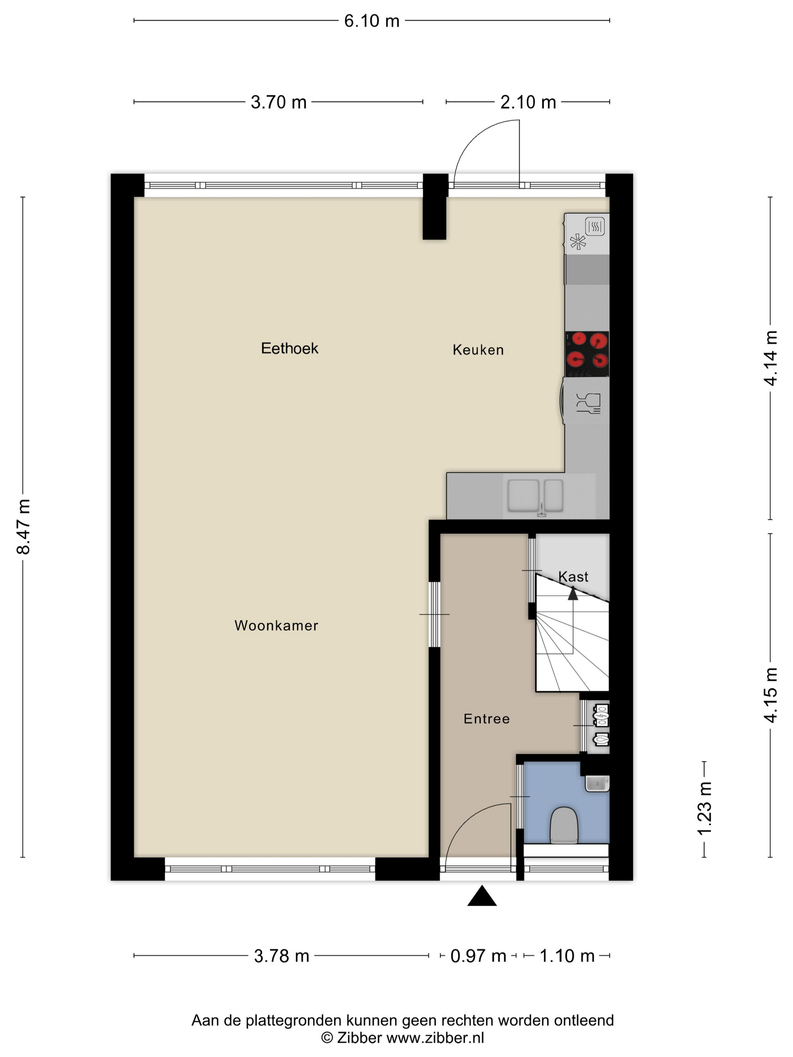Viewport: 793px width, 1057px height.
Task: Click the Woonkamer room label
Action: coord(276,626)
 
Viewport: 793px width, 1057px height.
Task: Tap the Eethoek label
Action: coord(289,348)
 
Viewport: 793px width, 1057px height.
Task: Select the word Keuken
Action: coord(478,350)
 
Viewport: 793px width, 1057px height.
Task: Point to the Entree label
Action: coord(487,719)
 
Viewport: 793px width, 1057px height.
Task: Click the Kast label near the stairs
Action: coord(573,577)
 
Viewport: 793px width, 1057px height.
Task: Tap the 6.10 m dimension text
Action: coord(372,21)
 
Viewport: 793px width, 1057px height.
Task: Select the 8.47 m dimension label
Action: coord(23,527)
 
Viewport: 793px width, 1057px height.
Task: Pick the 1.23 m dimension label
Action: coord(705,808)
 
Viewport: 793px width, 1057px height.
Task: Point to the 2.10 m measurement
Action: coord(528,102)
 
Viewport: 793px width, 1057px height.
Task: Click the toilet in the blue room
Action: coord(564,825)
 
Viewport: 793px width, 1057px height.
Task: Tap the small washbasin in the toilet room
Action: coord(597,784)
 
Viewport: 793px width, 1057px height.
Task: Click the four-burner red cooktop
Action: coord(587,354)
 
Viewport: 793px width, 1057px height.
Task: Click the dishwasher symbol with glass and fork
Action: coord(588,403)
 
